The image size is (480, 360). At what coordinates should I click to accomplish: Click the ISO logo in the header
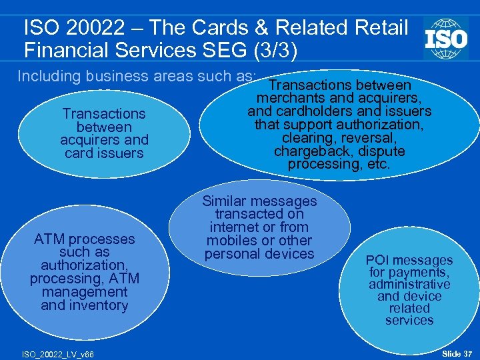[x=446, y=38]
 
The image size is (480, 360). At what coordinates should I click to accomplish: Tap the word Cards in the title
[x=237, y=28]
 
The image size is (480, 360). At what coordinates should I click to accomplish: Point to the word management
[x=84, y=292]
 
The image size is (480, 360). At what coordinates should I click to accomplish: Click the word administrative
[x=409, y=284]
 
